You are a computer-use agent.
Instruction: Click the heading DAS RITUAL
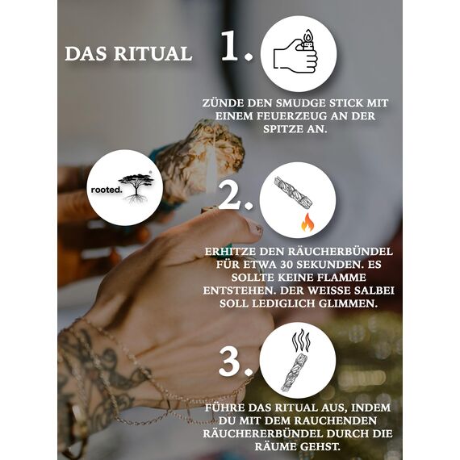128,54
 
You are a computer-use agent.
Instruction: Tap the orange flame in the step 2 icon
307,222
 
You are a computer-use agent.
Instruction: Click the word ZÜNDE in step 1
225,103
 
